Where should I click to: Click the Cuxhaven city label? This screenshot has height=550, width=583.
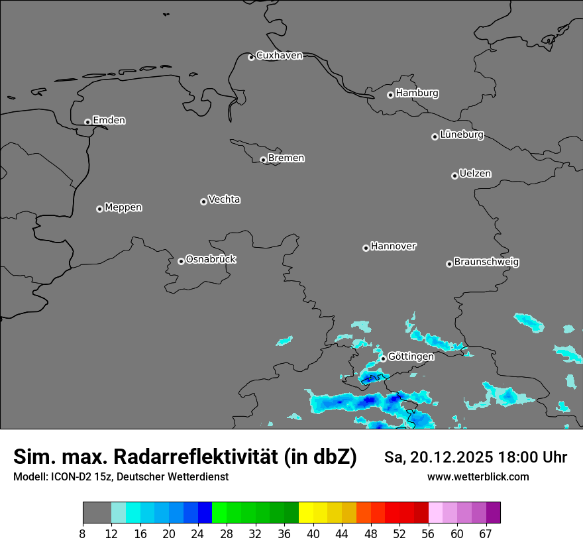coord(279,56)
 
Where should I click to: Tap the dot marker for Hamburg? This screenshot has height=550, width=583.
coord(390,95)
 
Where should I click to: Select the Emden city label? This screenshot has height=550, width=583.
coord(109,121)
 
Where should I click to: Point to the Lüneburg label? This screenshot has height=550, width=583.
coord(461,135)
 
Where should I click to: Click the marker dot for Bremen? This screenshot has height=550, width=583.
coord(263,160)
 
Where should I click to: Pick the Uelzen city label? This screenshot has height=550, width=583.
coord(475,174)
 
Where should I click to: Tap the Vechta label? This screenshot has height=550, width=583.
coord(224,199)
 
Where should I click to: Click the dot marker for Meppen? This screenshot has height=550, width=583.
coord(99,209)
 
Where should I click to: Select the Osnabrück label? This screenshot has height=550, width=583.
coord(211,260)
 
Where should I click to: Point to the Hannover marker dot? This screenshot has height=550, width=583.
coord(366,248)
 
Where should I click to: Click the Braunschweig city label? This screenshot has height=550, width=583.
coord(486,262)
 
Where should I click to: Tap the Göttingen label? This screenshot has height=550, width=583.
coord(411,357)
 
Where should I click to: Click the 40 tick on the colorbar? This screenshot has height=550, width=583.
coord(313,533)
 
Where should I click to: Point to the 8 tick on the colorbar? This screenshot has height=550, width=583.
coord(83,533)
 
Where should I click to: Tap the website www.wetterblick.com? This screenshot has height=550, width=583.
coord(478,477)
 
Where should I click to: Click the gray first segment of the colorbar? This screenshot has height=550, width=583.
coord(97,513)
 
